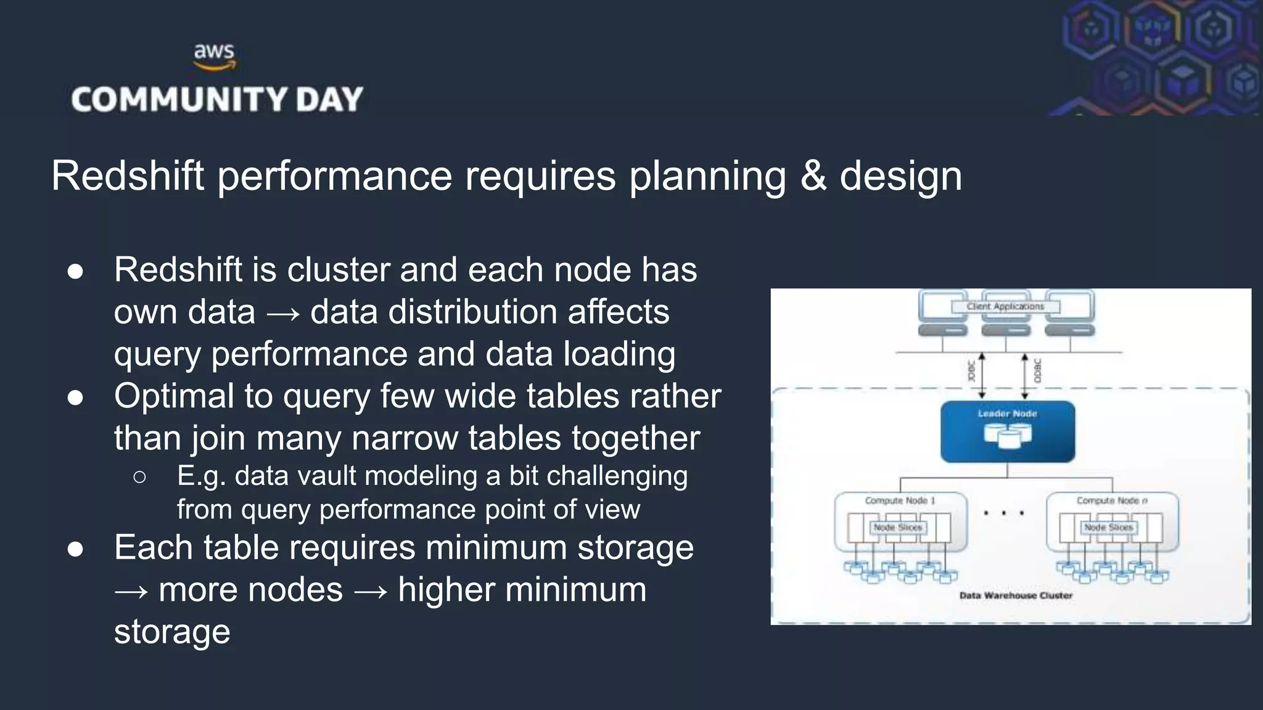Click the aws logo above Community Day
[x=214, y=56]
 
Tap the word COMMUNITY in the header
[x=179, y=100]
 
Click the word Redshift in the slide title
[x=127, y=176]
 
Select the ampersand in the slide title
[x=813, y=176]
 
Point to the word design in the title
[x=900, y=176]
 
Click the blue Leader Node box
[x=1007, y=431]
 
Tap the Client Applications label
[x=1005, y=306]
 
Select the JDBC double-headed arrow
[x=982, y=375]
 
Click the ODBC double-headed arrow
[x=1024, y=375]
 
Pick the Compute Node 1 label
[x=900, y=500]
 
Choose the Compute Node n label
[x=1112, y=500]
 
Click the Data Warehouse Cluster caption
[x=1016, y=595]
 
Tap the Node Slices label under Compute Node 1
[x=897, y=528]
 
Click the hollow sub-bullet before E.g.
[x=139, y=476]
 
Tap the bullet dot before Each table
[x=75, y=548]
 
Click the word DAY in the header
[x=329, y=100]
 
